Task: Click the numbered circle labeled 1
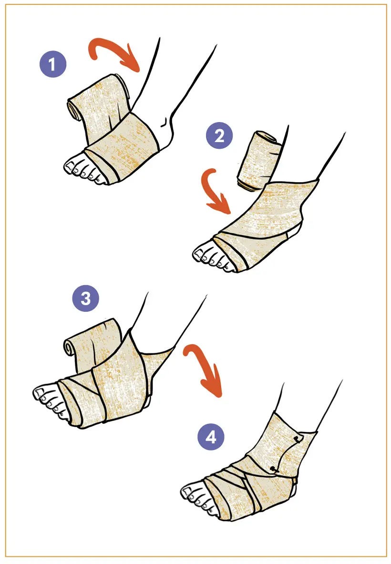pyautogui.click(x=53, y=64)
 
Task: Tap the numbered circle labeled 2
pyautogui.click(x=219, y=135)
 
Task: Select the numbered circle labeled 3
pyautogui.click(x=86, y=298)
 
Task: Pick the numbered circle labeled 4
pyautogui.click(x=211, y=437)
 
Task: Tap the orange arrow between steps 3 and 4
pyautogui.click(x=205, y=367)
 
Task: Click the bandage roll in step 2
pyautogui.click(x=258, y=160)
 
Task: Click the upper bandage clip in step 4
pyautogui.click(x=297, y=439)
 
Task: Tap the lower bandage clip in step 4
pyautogui.click(x=275, y=469)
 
